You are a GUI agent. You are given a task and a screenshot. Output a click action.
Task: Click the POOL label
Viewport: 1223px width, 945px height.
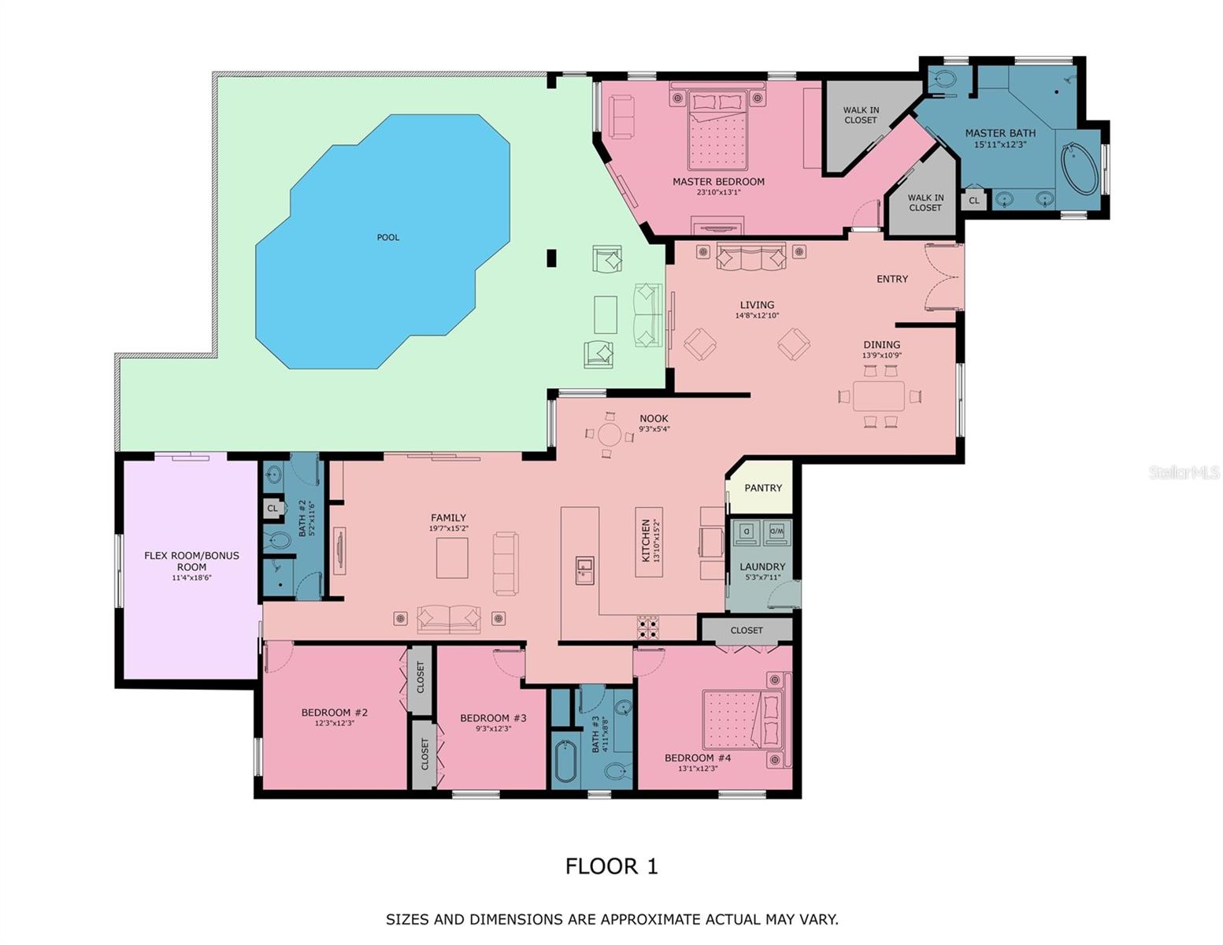387,237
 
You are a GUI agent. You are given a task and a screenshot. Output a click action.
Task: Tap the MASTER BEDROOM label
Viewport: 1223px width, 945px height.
717,182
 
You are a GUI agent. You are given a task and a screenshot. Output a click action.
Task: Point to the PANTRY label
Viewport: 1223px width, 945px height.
762,488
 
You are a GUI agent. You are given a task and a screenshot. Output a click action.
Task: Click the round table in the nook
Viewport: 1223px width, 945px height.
610,435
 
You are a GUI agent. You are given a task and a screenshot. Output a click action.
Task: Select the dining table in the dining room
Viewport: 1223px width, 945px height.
879,395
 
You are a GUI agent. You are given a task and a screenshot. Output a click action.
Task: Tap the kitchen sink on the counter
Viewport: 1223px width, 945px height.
584,569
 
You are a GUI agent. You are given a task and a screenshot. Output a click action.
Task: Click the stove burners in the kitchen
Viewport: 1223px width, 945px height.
647,627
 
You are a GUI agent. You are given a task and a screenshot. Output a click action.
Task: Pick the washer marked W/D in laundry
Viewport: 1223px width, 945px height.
776,532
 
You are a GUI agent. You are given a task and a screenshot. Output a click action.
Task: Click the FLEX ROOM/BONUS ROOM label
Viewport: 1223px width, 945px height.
191,561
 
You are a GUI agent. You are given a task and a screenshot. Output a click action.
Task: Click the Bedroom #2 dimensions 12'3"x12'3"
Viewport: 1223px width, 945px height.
334,723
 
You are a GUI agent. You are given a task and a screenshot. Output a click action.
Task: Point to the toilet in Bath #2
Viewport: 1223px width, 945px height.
279,541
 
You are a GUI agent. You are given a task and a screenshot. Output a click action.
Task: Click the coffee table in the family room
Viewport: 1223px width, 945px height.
452,558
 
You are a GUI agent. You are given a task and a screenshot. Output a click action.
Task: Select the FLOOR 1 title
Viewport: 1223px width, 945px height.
611,866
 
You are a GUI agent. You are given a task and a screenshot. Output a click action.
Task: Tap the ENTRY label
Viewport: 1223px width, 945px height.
891,279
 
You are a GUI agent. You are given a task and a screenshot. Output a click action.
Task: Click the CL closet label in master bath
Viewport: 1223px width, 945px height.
973,201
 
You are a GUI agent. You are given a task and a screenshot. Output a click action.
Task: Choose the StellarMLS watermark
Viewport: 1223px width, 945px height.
1183,472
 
